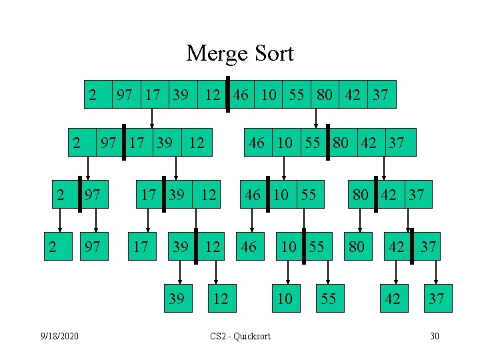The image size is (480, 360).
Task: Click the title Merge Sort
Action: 240,53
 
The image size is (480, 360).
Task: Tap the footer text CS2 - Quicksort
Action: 240,335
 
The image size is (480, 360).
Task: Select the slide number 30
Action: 434,335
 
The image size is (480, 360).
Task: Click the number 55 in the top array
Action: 297,95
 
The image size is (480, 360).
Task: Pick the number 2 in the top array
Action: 94,95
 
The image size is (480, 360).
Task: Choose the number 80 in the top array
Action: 325,95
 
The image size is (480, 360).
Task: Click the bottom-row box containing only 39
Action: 177,298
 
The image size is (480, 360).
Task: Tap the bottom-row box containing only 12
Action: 219,298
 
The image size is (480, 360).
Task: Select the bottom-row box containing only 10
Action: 285,298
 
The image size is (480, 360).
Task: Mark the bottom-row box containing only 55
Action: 328,298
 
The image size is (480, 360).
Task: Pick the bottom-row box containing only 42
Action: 393,298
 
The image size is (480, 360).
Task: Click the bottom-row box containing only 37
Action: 437,298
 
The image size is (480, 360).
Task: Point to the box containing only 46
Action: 249,247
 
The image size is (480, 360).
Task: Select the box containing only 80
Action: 357,247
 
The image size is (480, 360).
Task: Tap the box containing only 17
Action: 141,247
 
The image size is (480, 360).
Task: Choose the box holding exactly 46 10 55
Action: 281,195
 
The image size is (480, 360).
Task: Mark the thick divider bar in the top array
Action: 227,95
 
